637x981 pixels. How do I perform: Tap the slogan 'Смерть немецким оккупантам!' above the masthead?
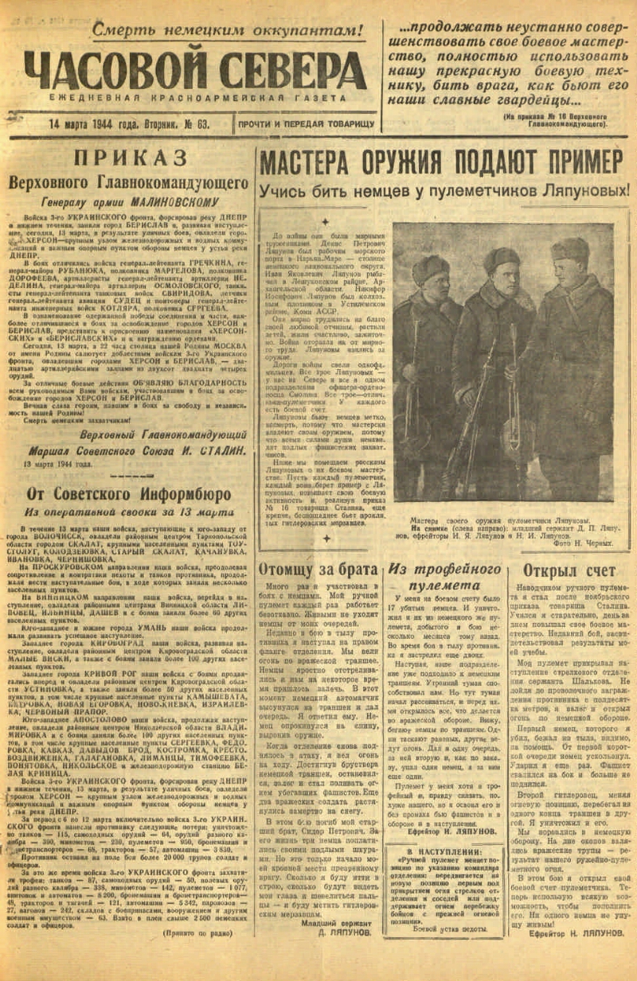[x=227, y=30]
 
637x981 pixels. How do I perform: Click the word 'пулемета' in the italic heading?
[x=446, y=586]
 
